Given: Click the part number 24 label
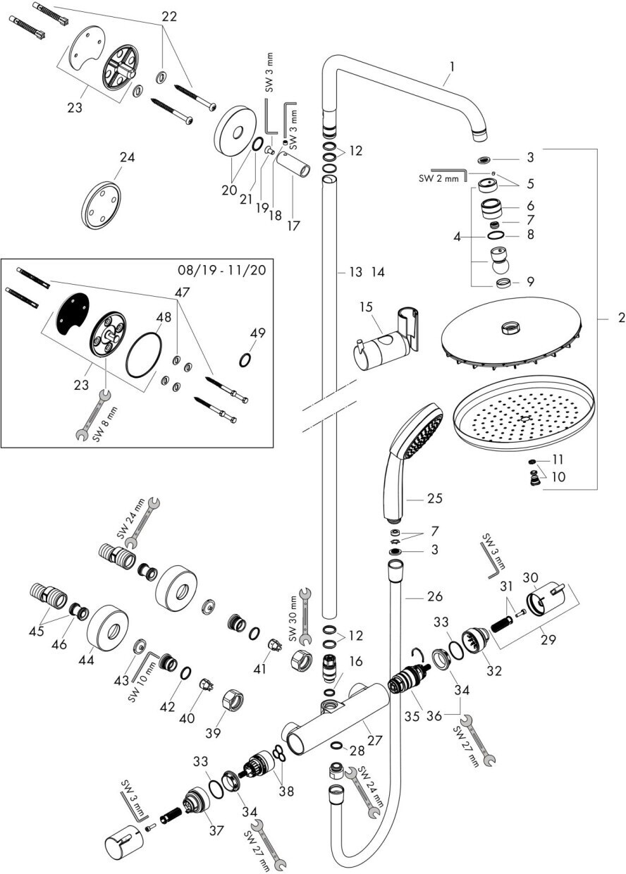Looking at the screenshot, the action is [127, 158].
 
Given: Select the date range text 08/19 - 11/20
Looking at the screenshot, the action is [222, 270].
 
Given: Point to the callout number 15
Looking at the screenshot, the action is [367, 307].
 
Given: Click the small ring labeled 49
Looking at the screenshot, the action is [245, 359].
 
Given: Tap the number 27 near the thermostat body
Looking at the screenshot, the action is [374, 740].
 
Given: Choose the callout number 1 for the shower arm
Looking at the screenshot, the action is [452, 67].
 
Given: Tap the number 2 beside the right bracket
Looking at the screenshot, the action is [621, 318].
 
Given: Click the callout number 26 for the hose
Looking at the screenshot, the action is [435, 596].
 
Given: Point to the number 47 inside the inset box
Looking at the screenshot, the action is [183, 293].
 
